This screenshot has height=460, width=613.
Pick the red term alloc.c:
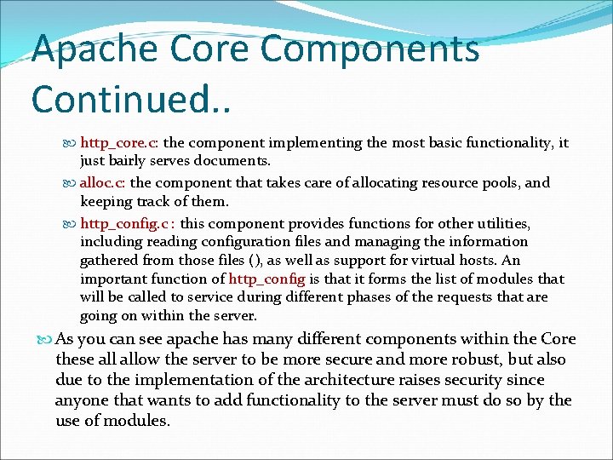[104, 182]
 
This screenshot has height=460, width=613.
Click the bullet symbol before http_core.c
[71, 144]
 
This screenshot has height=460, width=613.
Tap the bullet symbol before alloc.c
[71, 182]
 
